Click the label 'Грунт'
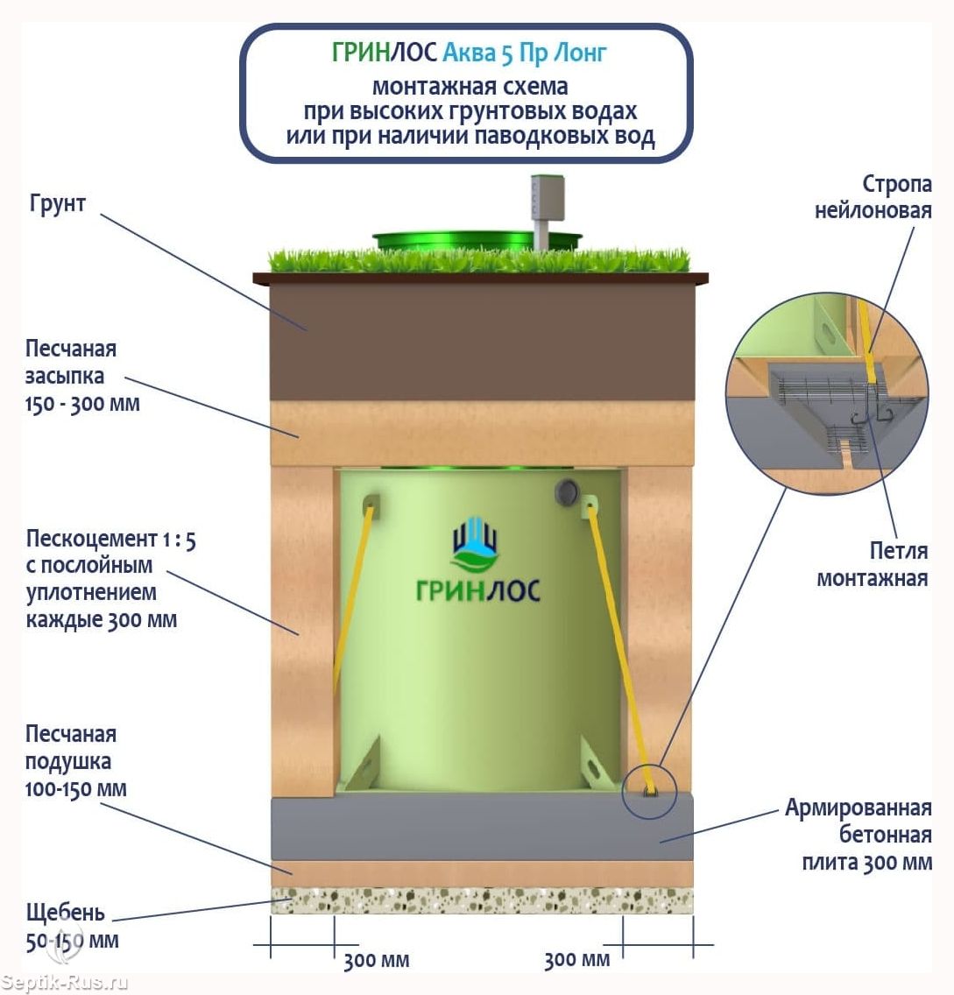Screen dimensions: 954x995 (57, 204)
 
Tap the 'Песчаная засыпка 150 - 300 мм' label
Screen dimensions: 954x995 (82, 376)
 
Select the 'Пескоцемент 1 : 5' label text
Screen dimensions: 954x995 (111, 540)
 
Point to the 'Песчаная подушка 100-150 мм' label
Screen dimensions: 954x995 (76, 761)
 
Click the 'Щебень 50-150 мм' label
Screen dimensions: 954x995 (72, 926)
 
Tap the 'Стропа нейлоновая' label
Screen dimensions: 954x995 (873, 197)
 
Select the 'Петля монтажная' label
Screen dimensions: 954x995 (873, 564)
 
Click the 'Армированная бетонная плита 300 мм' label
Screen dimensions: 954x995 (859, 835)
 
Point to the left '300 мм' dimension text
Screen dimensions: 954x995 (377, 960)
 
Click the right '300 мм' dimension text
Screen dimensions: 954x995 (577, 959)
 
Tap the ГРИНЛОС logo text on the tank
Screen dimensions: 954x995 (478, 590)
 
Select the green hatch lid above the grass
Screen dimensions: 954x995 (476, 241)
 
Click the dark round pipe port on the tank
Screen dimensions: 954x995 (566, 491)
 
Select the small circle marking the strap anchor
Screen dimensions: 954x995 (649, 792)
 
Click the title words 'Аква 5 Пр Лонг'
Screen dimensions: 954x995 (524, 53)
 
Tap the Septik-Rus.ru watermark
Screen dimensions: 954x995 (63, 983)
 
